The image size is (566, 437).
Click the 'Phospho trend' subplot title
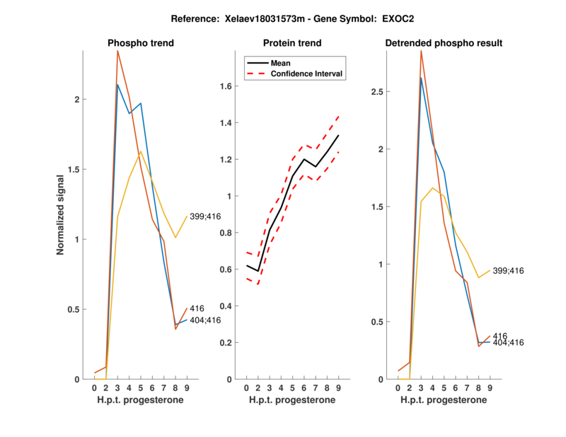[141, 43]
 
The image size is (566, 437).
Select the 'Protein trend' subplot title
[292, 43]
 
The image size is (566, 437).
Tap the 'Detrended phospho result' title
[444, 43]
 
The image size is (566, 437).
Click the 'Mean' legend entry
[281, 63]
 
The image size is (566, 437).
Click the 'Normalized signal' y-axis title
[61, 215]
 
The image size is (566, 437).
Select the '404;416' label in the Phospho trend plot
[205, 320]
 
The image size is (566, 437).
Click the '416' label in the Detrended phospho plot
[499, 336]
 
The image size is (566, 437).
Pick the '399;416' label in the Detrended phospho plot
[508, 271]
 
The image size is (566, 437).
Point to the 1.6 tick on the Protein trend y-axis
[226, 86]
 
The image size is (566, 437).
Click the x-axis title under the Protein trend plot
[292, 400]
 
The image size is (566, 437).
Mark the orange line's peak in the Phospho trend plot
[117, 50]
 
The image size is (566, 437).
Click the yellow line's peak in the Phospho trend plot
[141, 151]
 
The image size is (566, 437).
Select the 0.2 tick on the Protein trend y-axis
[226, 343]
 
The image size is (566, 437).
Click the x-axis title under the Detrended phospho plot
[444, 400]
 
